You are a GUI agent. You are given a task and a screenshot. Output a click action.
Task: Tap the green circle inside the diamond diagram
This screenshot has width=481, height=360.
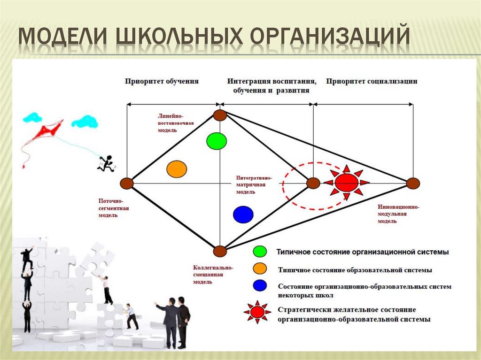click(217, 140)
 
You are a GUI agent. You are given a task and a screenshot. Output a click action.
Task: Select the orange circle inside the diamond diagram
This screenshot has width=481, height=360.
click(177, 169)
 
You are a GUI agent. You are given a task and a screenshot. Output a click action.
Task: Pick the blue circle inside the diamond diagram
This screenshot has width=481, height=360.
click(243, 214)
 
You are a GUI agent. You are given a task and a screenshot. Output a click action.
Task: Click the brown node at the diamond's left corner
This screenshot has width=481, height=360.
click(126, 184)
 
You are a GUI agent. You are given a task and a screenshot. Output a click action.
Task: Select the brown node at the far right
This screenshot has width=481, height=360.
click(413, 183)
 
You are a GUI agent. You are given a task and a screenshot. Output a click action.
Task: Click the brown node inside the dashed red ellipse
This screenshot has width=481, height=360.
click(313, 183)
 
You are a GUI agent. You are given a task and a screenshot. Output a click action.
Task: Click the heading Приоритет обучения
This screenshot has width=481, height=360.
click(162, 81)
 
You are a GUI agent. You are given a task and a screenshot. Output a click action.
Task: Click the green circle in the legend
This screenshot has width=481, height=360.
click(259, 252)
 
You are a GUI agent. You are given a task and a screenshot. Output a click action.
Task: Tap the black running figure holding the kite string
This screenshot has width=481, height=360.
click(107, 163)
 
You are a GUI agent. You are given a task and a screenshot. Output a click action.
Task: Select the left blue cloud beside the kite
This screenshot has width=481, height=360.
click(32, 117)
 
